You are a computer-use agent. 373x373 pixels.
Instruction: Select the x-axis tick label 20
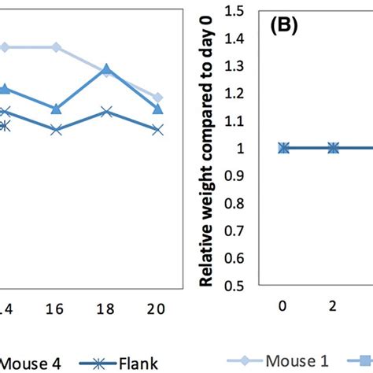(x=157, y=309)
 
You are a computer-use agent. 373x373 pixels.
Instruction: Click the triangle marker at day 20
(x=157, y=108)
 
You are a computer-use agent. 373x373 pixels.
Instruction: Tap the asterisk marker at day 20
(x=157, y=129)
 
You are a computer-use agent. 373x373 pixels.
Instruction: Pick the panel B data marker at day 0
(x=284, y=148)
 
